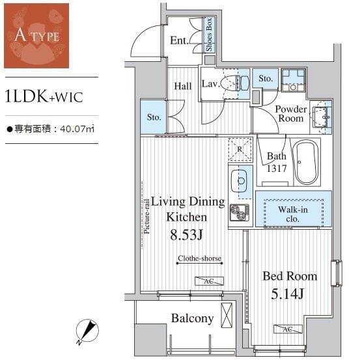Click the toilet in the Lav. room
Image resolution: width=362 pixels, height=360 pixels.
[235, 83]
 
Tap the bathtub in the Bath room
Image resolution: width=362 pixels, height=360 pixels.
[305, 162]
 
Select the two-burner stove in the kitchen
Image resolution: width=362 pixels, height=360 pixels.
[240, 212]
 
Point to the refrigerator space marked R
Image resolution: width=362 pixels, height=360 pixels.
[240, 150]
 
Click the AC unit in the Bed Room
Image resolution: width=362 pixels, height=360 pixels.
[288, 329]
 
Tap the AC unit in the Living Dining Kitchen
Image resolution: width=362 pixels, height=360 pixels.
[210, 281]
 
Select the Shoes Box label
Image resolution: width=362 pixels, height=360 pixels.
[209, 35]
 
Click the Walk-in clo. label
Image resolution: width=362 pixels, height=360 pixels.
[293, 214]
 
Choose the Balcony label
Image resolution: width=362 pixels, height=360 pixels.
[192, 318]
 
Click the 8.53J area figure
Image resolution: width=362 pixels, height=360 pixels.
[186, 235]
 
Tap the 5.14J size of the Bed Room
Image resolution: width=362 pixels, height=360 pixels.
[287, 294]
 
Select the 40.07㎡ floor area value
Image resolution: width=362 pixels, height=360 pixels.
[77, 129]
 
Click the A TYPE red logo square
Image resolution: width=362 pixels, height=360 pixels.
[36, 36]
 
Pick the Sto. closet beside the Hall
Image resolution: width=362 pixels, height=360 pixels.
[153, 117]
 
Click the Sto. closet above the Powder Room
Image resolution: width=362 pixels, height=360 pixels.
[266, 78]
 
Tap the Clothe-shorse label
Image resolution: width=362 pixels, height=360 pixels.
[199, 258]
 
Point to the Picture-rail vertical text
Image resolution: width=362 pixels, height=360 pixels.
[146, 217]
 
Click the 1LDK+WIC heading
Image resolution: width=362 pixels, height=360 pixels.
[44, 97]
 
